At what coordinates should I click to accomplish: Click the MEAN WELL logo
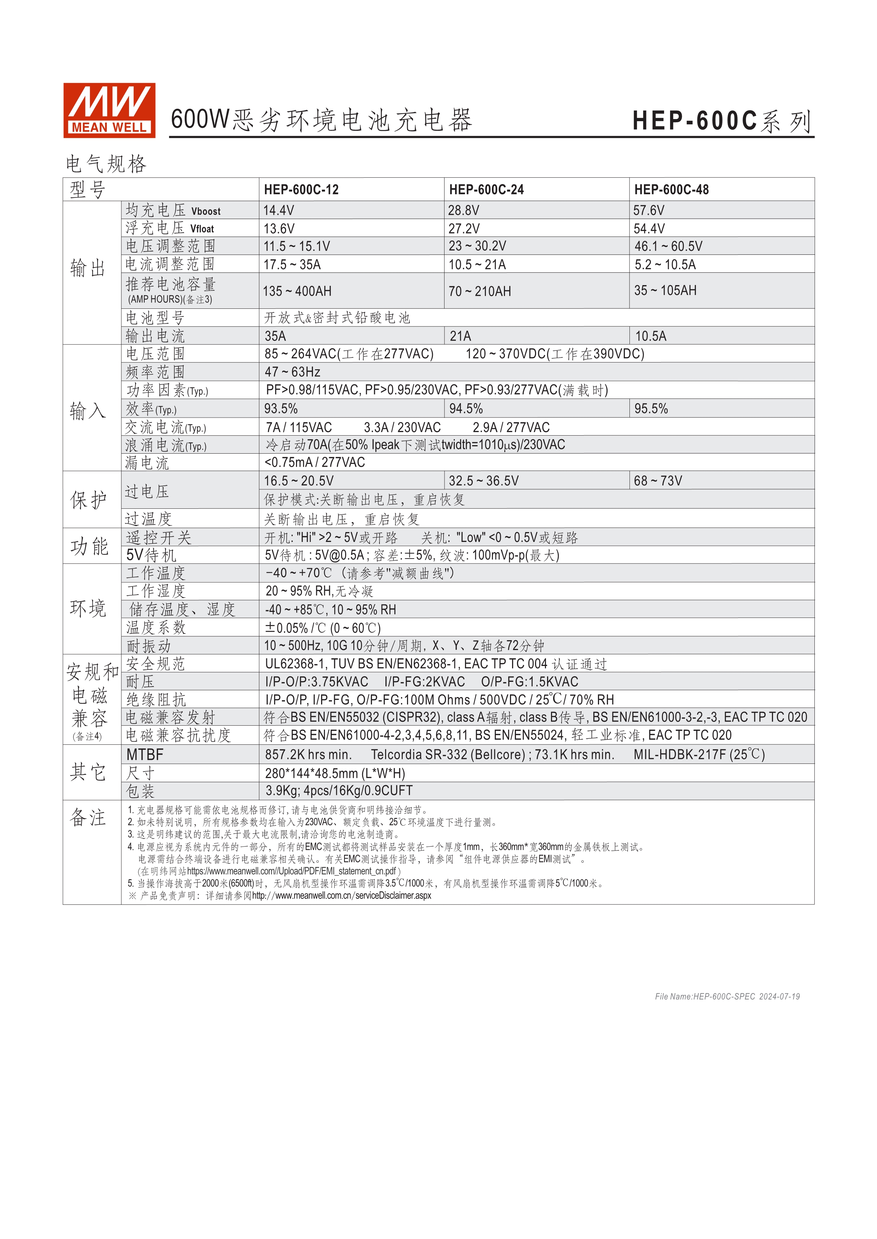[109, 110]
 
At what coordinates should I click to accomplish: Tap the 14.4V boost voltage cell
[279, 210]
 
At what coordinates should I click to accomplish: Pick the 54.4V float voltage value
[649, 228]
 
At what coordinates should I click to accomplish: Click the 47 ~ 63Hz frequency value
[292, 372]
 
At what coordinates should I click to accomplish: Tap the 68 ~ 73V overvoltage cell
[658, 481]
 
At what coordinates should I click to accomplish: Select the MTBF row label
[145, 754]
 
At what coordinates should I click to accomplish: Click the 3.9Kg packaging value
[338, 791]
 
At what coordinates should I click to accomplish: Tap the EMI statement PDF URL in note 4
[292, 871]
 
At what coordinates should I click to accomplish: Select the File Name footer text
[727, 997]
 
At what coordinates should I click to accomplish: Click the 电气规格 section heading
[106, 164]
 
